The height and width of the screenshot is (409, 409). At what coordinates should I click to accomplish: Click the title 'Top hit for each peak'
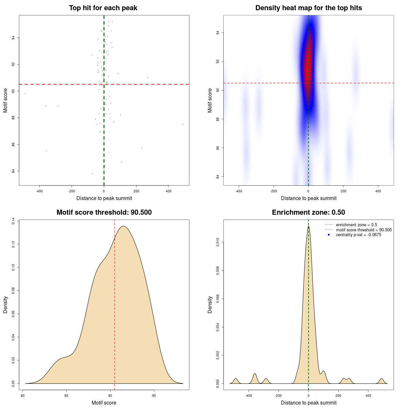[x=103, y=8]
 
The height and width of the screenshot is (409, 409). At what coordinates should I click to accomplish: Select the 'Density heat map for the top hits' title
[x=308, y=8]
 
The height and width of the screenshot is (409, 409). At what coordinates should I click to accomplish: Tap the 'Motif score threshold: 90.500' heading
[x=104, y=212]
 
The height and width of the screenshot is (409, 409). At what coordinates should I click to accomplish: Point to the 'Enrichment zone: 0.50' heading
[x=308, y=212]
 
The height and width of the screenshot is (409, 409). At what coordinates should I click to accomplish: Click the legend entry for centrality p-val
[x=359, y=235]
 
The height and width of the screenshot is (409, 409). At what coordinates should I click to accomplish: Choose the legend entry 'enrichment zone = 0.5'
[x=356, y=225]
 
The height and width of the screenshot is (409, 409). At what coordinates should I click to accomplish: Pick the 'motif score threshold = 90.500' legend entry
[x=364, y=230]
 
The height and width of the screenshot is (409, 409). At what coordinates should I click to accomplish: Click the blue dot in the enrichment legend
[x=329, y=235]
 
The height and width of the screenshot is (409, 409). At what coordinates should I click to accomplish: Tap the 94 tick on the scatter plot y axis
[x=13, y=38]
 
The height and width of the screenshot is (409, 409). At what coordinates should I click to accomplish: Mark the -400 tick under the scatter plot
[x=39, y=191]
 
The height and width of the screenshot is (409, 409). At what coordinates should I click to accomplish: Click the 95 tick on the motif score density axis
[x=154, y=396]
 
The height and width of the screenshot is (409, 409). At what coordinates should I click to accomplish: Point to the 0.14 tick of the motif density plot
[x=13, y=221]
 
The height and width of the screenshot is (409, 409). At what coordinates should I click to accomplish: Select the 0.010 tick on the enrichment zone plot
[x=218, y=243]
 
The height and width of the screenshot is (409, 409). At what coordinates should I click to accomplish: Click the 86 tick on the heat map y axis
[x=218, y=148]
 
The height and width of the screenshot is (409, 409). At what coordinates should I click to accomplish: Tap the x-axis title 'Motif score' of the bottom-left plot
[x=104, y=403]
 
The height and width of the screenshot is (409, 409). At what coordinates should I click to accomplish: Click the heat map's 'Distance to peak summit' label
[x=308, y=198]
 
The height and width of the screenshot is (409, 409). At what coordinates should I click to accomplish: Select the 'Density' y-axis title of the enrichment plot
[x=210, y=305]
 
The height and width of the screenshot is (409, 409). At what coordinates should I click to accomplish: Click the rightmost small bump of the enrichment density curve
[x=381, y=380]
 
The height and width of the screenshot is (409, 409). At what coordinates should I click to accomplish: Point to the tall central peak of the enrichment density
[x=308, y=228]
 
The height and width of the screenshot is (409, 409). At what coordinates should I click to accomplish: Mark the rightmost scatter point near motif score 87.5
[x=183, y=124]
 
